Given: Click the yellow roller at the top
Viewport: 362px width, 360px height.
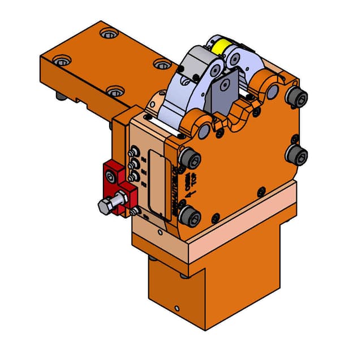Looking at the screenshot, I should [219, 45].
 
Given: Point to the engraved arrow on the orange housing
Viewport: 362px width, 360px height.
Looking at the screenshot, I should [191, 194].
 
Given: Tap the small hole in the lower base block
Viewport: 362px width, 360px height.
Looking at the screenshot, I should [177, 309].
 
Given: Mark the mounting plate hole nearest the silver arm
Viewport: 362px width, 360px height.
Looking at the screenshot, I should [162, 64].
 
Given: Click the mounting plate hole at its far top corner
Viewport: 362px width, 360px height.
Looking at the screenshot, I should [107, 33].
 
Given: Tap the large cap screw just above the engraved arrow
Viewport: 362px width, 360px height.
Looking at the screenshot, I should [189, 159].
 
